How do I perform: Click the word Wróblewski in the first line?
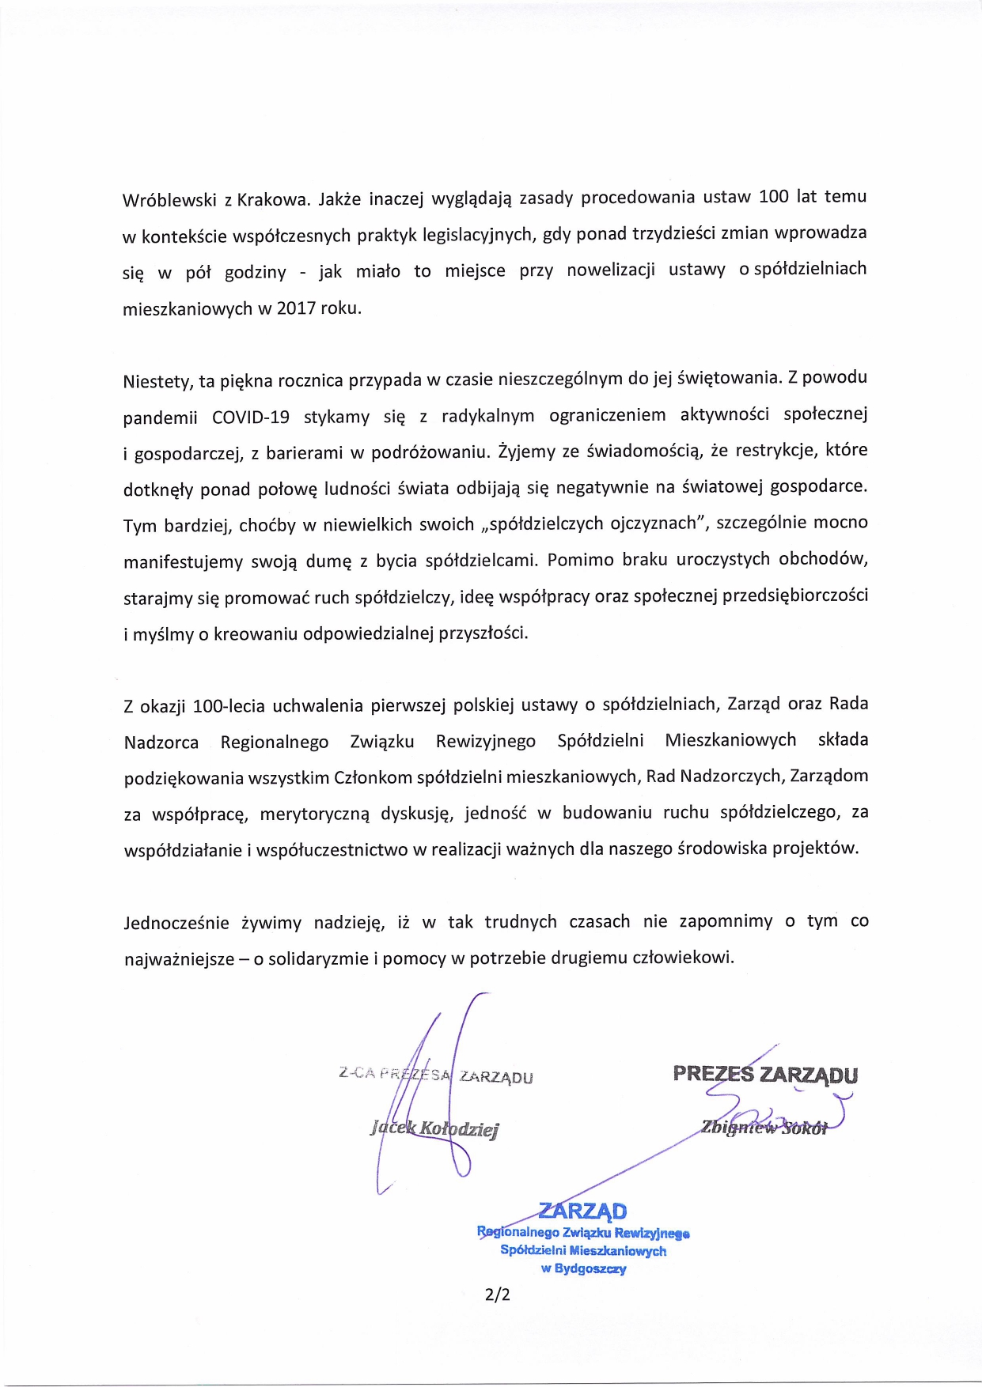(x=169, y=199)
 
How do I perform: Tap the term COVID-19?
(x=251, y=417)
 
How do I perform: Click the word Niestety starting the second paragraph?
(x=157, y=381)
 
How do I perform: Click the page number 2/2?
(x=498, y=1294)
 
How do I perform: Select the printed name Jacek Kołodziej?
(x=434, y=1128)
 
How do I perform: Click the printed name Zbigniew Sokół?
(x=764, y=1128)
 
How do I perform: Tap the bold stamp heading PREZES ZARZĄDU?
(x=765, y=1074)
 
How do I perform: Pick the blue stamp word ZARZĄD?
(x=582, y=1211)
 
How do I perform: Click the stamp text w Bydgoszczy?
(x=583, y=1268)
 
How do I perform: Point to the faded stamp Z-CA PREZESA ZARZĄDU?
(x=435, y=1075)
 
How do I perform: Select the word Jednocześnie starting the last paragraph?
(x=176, y=923)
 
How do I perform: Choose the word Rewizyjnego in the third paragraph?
(x=485, y=741)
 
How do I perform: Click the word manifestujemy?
(x=183, y=561)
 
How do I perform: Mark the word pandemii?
(x=160, y=417)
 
